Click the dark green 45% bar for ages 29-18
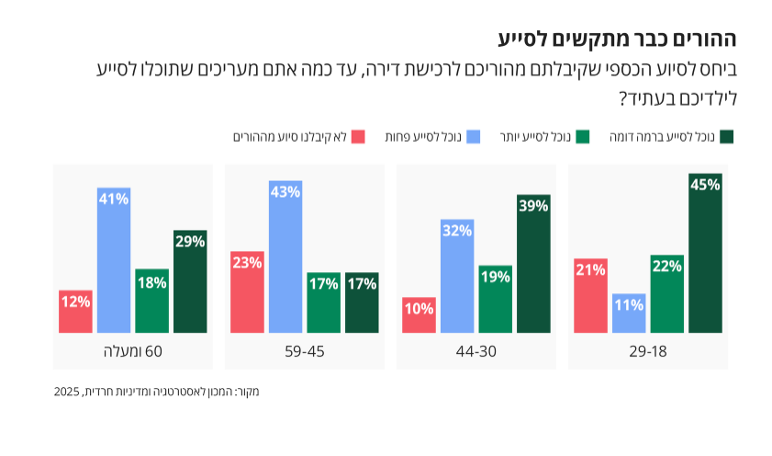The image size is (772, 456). point(705,253)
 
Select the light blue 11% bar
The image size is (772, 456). point(629,313)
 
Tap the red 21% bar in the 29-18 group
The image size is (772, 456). point(590,295)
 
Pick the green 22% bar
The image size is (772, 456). point(666,293)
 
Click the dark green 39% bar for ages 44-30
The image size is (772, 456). point(533,263)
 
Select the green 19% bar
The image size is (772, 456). point(495,299)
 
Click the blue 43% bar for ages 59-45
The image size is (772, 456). point(285,256)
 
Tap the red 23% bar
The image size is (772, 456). point(247,291)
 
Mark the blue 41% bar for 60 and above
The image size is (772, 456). point(114,259)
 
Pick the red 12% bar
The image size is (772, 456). point(75,311)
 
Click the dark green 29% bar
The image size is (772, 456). point(190,281)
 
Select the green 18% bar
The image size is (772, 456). point(151,301)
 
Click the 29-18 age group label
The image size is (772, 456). point(648,351)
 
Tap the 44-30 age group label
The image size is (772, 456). point(476,351)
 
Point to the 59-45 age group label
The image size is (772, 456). point(304,351)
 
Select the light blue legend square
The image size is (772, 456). point(474,137)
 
